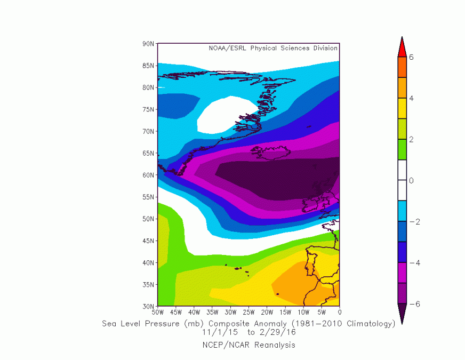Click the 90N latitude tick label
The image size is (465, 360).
148,43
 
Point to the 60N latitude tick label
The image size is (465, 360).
148,175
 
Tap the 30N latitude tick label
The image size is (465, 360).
148,306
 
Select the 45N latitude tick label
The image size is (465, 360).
148,241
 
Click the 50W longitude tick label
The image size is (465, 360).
158,312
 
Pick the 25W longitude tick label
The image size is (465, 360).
248,312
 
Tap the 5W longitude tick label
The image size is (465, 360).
322,312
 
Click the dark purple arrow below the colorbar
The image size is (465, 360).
402,314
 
